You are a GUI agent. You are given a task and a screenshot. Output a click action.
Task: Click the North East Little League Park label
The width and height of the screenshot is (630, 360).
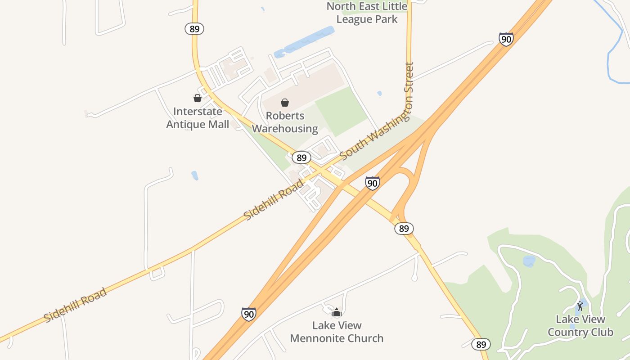click(367, 13)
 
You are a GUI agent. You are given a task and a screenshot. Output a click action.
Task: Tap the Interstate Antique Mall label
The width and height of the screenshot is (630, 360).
click(198, 118)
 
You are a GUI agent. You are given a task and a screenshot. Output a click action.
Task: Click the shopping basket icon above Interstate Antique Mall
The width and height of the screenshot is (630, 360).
click(198, 98)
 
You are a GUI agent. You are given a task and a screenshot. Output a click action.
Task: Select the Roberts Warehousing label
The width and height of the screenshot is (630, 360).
click(285, 122)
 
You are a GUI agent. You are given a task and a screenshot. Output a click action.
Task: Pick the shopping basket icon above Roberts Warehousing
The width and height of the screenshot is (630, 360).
click(285, 103)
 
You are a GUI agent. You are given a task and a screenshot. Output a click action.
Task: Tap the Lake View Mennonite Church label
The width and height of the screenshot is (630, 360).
click(337, 332)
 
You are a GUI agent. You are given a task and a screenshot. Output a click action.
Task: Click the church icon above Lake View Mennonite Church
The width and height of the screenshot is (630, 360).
click(337, 312)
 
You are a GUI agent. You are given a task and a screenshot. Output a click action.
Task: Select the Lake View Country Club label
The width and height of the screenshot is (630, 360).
click(580, 326)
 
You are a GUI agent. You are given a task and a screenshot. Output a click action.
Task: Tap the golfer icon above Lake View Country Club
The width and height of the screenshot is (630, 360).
click(580, 306)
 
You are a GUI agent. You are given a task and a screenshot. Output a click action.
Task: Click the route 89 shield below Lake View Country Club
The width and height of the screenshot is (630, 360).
click(481, 345)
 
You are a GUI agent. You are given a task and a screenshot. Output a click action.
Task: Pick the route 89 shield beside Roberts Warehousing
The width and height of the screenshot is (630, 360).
click(301, 157)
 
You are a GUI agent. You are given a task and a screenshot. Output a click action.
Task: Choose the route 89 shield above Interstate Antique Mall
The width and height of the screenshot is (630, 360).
click(194, 29)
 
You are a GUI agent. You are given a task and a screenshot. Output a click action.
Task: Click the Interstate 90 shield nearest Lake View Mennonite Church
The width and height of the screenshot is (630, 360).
click(249, 314)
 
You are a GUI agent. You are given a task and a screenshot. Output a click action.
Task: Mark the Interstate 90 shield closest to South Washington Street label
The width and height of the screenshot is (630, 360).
click(372, 183)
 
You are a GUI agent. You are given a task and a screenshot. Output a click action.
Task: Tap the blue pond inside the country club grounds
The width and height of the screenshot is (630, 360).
click(529, 261)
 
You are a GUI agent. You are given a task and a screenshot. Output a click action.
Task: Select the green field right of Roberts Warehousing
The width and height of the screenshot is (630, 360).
click(341, 110)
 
